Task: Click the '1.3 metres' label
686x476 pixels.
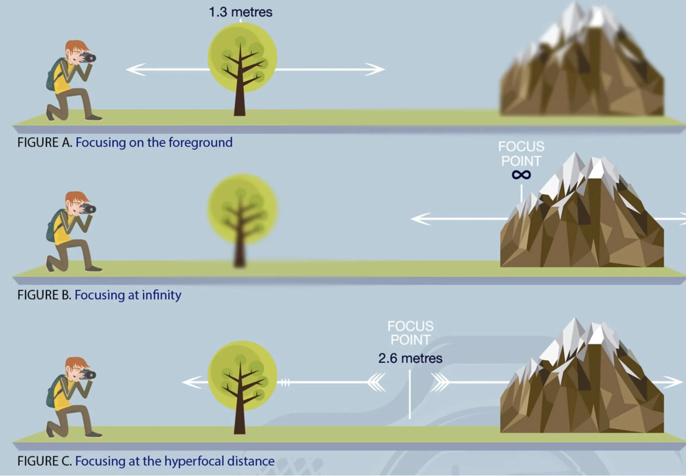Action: (x=240, y=12)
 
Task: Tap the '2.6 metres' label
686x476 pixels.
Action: (x=410, y=358)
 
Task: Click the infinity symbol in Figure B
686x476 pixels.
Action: (x=521, y=175)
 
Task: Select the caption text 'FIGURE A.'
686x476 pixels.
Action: (x=45, y=142)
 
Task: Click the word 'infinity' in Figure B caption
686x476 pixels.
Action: (x=161, y=295)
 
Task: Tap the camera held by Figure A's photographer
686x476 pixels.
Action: (x=88, y=57)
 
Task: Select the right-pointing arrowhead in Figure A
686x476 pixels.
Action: (x=375, y=69)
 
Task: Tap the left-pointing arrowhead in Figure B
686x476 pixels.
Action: (x=421, y=219)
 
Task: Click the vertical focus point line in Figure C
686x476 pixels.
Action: (x=410, y=394)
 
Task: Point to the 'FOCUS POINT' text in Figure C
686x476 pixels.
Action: (x=410, y=333)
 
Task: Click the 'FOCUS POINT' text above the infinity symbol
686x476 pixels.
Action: (x=521, y=154)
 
